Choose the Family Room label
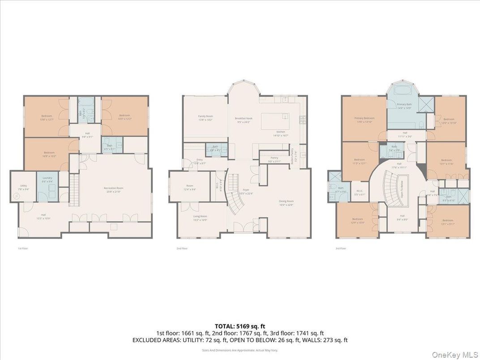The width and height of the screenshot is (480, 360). point(206,118)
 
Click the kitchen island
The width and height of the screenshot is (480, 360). point(273,121)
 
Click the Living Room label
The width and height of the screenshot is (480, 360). point(200,217)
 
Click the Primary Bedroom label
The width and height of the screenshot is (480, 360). point(364,119)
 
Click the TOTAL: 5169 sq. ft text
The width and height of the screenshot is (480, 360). point(240,326)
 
